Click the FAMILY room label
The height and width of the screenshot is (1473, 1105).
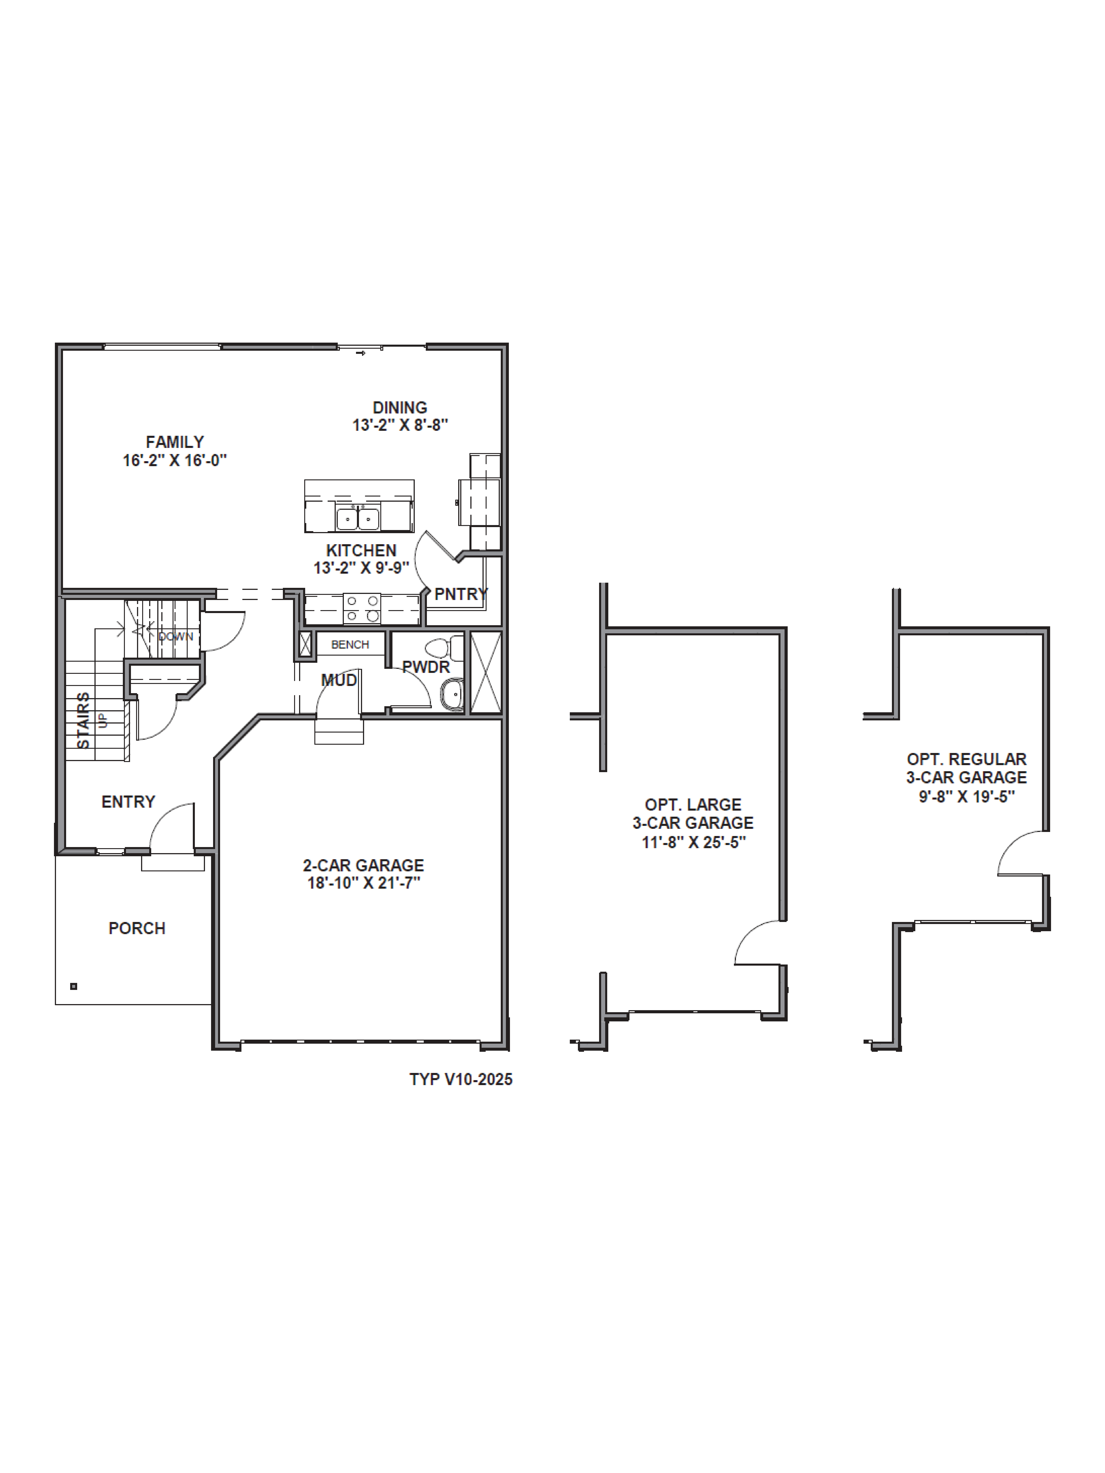click(x=175, y=442)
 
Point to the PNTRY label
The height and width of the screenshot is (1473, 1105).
click(x=461, y=594)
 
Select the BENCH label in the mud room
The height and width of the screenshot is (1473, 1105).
click(x=350, y=645)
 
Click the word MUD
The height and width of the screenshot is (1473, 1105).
click(x=339, y=680)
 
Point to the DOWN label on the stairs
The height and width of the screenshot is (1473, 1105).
click(x=175, y=637)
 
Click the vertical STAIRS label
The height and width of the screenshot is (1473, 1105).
click(x=83, y=721)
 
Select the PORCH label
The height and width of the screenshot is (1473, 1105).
click(x=136, y=928)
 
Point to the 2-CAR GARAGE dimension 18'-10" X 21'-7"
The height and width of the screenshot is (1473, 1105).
click(x=364, y=883)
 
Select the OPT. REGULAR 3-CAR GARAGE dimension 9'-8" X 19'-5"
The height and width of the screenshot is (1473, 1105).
click(x=967, y=796)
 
